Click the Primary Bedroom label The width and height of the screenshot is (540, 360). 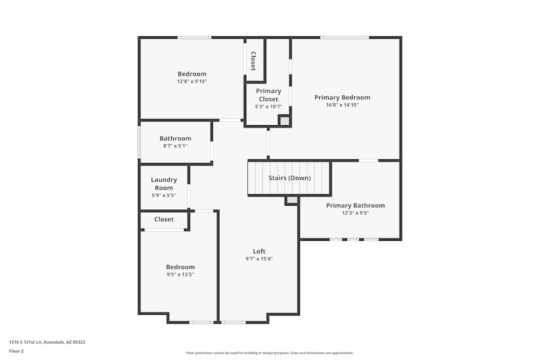coord(342,98)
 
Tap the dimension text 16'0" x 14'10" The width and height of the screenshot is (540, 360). coord(342,105)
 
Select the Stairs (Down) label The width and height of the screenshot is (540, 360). coord(290,178)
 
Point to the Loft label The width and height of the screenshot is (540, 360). coord(259,251)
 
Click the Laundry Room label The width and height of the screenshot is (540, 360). coord(164,184)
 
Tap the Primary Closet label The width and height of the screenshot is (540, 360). coord(268,95)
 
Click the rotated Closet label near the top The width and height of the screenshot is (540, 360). coord(253,61)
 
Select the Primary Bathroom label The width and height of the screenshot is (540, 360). coord(355,206)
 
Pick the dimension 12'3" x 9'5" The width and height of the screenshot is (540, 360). coord(355,213)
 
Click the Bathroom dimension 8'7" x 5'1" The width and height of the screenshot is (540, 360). coord(175,146)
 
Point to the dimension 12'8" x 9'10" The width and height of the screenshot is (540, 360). coord(192,81)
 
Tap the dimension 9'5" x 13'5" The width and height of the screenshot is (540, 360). coord(180,275)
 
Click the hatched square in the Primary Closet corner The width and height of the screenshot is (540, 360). coord(285,121)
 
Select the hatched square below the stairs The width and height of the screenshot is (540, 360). coord(292,200)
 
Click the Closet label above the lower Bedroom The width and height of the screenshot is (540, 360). coord(164,220)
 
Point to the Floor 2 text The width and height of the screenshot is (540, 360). coord(16,351)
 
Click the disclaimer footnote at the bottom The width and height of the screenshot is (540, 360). coord(270,353)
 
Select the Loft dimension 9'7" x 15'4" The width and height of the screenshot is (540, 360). coord(259,259)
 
